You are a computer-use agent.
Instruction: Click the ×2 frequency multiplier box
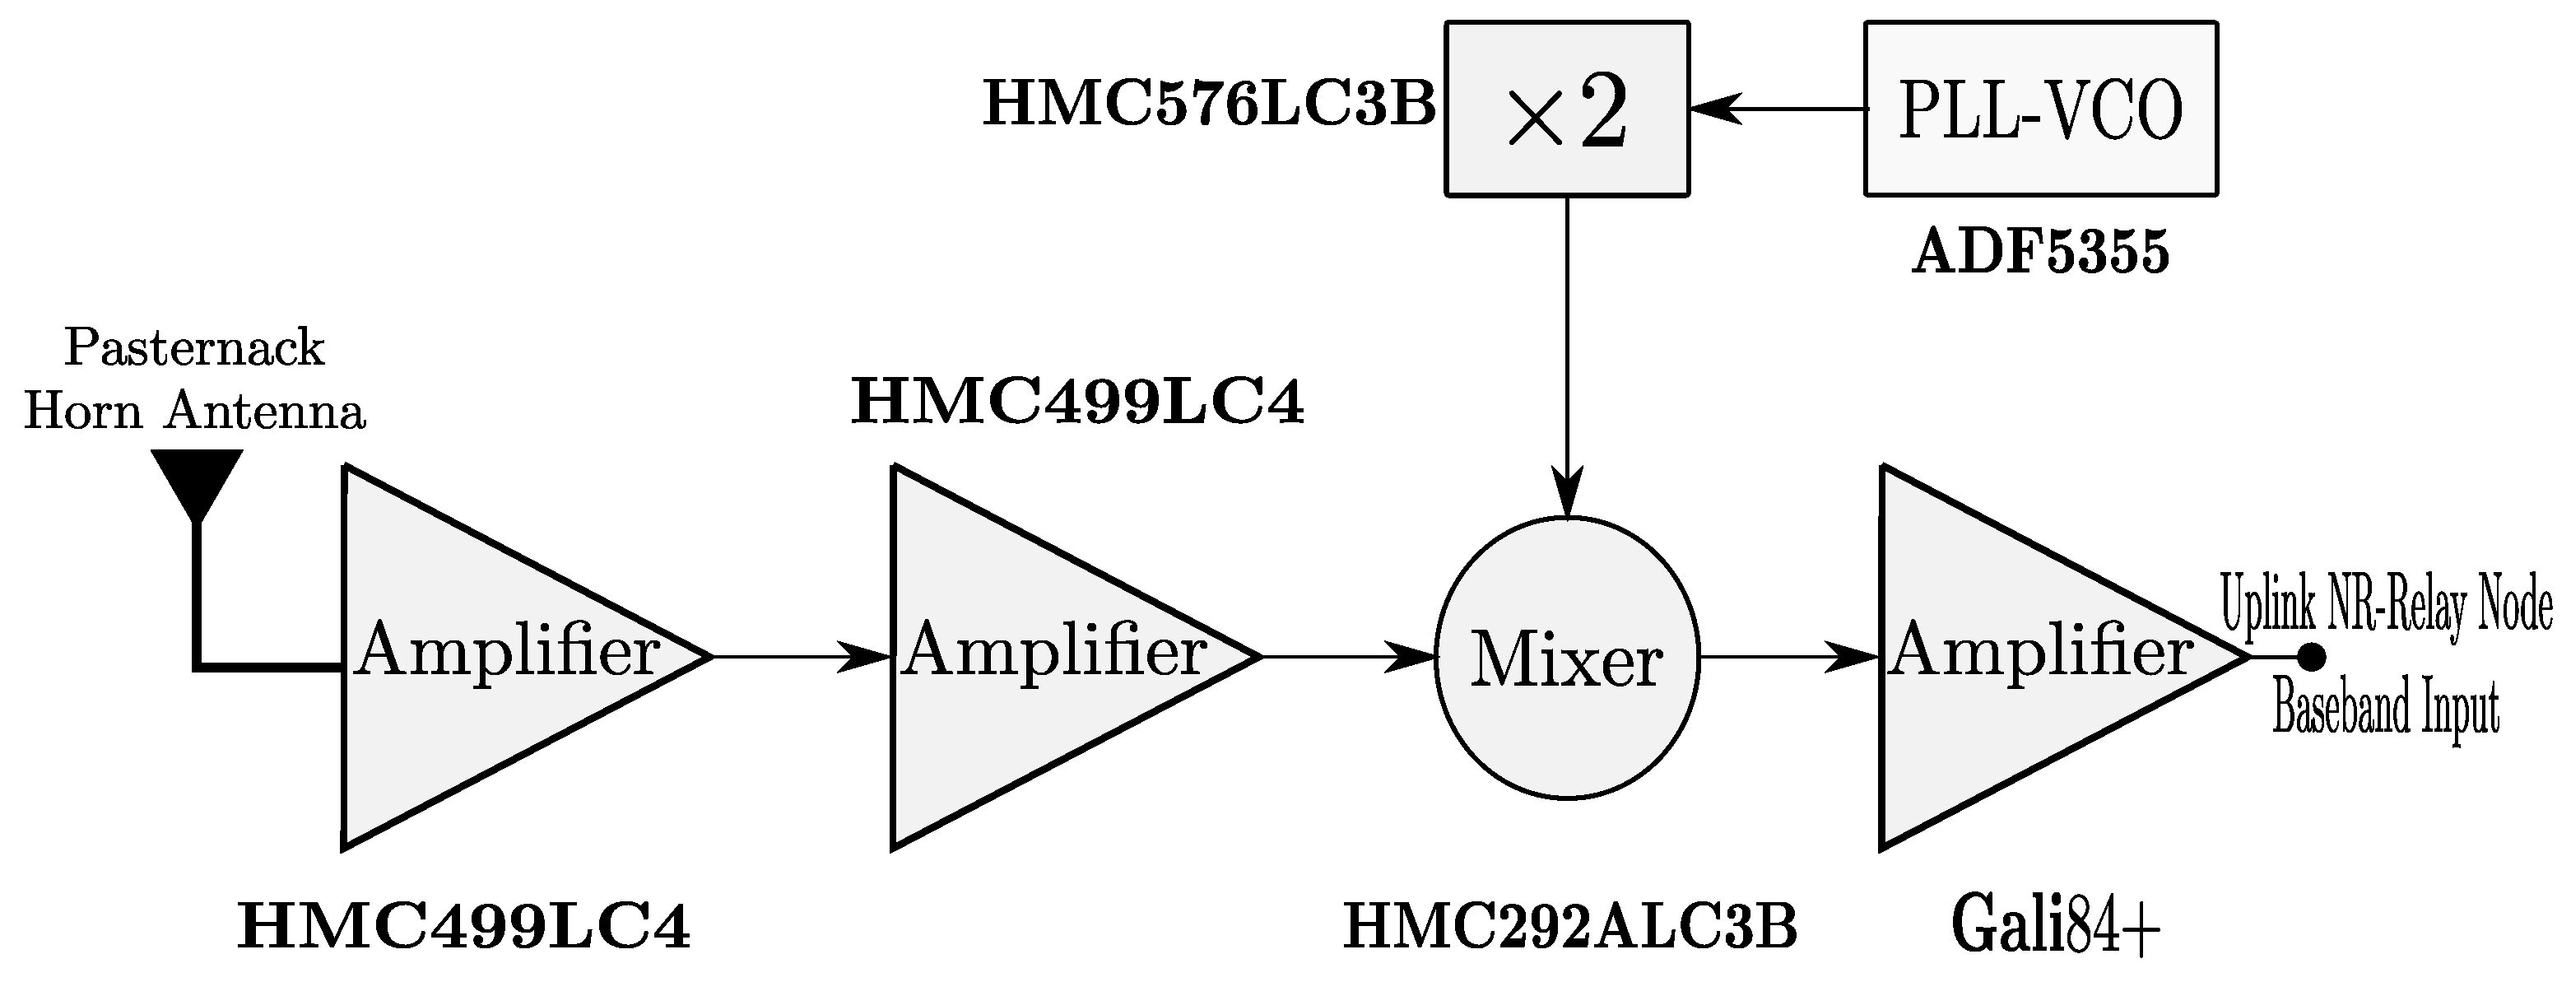1567,109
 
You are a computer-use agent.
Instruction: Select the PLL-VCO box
2041,109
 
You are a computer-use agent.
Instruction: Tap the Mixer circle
1567,659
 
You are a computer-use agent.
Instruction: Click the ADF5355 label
2041,254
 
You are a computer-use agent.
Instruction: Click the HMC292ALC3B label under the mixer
1571,927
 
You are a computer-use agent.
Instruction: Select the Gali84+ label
2056,927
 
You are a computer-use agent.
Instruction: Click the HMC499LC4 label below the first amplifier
464,927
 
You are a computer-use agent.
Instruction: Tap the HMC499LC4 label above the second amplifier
1077,403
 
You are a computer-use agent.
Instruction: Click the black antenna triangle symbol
198,479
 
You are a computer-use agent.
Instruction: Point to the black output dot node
2312,657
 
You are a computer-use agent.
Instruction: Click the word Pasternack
194,348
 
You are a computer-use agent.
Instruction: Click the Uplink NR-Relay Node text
2385,607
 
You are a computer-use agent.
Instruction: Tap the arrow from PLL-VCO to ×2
1777,109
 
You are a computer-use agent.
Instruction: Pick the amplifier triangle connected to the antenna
479,657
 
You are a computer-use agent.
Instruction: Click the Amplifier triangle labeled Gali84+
2016,657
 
